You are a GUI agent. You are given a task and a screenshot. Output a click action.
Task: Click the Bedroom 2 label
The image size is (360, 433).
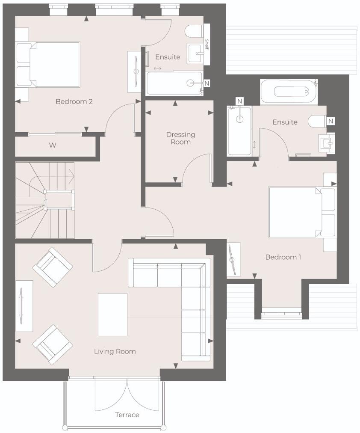pos(74,102)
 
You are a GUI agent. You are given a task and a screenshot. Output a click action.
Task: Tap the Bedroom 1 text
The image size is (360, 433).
pos(283,257)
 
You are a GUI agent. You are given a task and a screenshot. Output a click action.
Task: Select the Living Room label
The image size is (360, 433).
pos(115,352)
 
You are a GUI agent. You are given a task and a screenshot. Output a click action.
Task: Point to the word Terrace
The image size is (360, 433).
pos(127,415)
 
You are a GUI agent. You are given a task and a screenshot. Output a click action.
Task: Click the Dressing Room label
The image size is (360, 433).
pos(180,138)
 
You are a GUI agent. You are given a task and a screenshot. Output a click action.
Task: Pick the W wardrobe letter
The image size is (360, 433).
pos(52,145)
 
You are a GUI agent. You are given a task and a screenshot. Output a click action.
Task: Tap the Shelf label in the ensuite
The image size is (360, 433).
pos(207,44)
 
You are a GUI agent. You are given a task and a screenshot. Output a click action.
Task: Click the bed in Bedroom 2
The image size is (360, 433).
pos(48,64)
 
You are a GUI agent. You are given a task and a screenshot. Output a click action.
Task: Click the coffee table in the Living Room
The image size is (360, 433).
pos(112,314)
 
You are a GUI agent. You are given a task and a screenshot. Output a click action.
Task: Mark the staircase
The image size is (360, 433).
pos(45,200)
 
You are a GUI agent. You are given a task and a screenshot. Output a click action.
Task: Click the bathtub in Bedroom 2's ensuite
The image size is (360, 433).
pos(174,83)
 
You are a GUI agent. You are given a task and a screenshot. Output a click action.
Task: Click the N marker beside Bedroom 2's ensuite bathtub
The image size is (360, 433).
pos(207,83)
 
